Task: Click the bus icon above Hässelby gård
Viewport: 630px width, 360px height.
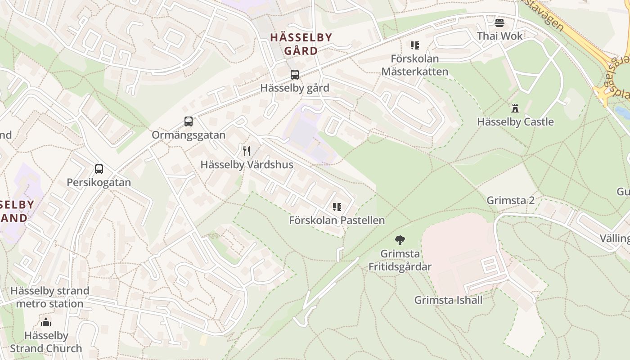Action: tap(295, 75)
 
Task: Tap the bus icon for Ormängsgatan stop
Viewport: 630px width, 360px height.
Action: tap(189, 121)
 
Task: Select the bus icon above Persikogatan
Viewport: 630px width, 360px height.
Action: tap(99, 169)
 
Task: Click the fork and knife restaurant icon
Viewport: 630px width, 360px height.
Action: tap(247, 151)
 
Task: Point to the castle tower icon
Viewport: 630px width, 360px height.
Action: tap(515, 108)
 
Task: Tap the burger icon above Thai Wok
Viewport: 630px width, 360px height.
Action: tap(499, 22)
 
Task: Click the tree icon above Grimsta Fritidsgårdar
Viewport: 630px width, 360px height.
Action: tap(400, 240)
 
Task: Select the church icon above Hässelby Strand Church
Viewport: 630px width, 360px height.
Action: tap(46, 322)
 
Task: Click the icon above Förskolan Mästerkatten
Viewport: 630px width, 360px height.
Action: tap(414, 45)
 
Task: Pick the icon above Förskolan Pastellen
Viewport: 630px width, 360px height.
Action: tap(337, 207)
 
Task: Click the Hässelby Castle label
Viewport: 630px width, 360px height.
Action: tap(515, 122)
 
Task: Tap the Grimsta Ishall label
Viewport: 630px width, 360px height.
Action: tap(448, 300)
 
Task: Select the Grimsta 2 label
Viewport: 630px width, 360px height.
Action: tap(511, 200)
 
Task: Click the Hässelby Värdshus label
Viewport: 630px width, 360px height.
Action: tap(247, 165)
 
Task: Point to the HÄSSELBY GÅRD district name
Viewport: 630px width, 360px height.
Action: tap(301, 44)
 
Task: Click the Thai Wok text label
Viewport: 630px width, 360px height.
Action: tap(499, 36)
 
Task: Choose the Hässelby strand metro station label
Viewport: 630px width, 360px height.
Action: tap(49, 297)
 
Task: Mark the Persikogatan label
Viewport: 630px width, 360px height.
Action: tap(99, 183)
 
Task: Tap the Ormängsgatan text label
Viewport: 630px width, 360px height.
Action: tap(188, 135)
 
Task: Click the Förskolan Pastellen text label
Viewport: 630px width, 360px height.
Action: tap(337, 220)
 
